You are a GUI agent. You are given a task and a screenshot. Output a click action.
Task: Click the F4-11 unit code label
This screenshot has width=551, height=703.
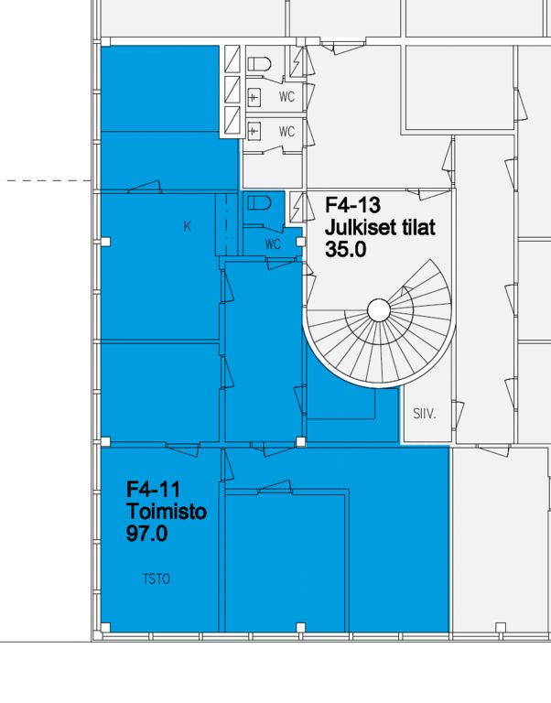point(153,489)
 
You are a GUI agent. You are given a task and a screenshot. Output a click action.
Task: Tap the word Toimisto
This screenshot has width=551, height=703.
point(167,512)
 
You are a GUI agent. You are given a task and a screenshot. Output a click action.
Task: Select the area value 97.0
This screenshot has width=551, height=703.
point(146,534)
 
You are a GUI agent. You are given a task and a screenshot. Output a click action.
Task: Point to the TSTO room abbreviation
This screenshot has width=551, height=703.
point(157,579)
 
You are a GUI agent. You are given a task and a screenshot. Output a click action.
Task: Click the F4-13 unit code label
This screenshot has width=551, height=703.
point(352,205)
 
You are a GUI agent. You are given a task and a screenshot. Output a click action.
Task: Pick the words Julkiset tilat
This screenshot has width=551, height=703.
point(380,227)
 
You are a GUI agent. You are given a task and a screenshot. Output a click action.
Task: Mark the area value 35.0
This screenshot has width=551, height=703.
point(346,249)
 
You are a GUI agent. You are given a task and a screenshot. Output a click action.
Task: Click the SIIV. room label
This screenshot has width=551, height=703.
point(424,414)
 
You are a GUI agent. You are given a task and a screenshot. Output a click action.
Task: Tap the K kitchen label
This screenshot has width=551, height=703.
point(188,227)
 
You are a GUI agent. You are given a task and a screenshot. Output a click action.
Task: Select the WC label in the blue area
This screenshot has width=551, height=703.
point(273,243)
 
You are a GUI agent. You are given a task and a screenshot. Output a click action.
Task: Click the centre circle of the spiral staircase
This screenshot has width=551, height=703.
point(379,310)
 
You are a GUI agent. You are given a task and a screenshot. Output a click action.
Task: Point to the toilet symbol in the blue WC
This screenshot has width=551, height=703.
point(260,203)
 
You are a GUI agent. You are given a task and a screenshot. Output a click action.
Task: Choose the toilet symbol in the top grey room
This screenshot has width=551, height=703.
point(260,64)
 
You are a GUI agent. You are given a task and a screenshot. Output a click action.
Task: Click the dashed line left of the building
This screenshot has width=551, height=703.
point(49,180)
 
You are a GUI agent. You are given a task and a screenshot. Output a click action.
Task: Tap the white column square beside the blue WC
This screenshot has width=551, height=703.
point(301,242)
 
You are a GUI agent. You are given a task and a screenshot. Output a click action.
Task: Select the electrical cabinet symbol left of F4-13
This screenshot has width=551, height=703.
point(296,207)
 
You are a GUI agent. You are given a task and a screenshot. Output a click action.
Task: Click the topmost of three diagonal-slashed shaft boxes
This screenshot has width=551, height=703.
point(232,59)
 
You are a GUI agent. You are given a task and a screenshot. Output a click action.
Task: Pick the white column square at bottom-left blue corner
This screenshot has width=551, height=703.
point(105,627)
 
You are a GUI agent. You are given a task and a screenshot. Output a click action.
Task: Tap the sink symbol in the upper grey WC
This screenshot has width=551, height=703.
point(254,96)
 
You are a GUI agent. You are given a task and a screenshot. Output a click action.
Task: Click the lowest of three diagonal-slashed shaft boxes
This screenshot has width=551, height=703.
point(232,120)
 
